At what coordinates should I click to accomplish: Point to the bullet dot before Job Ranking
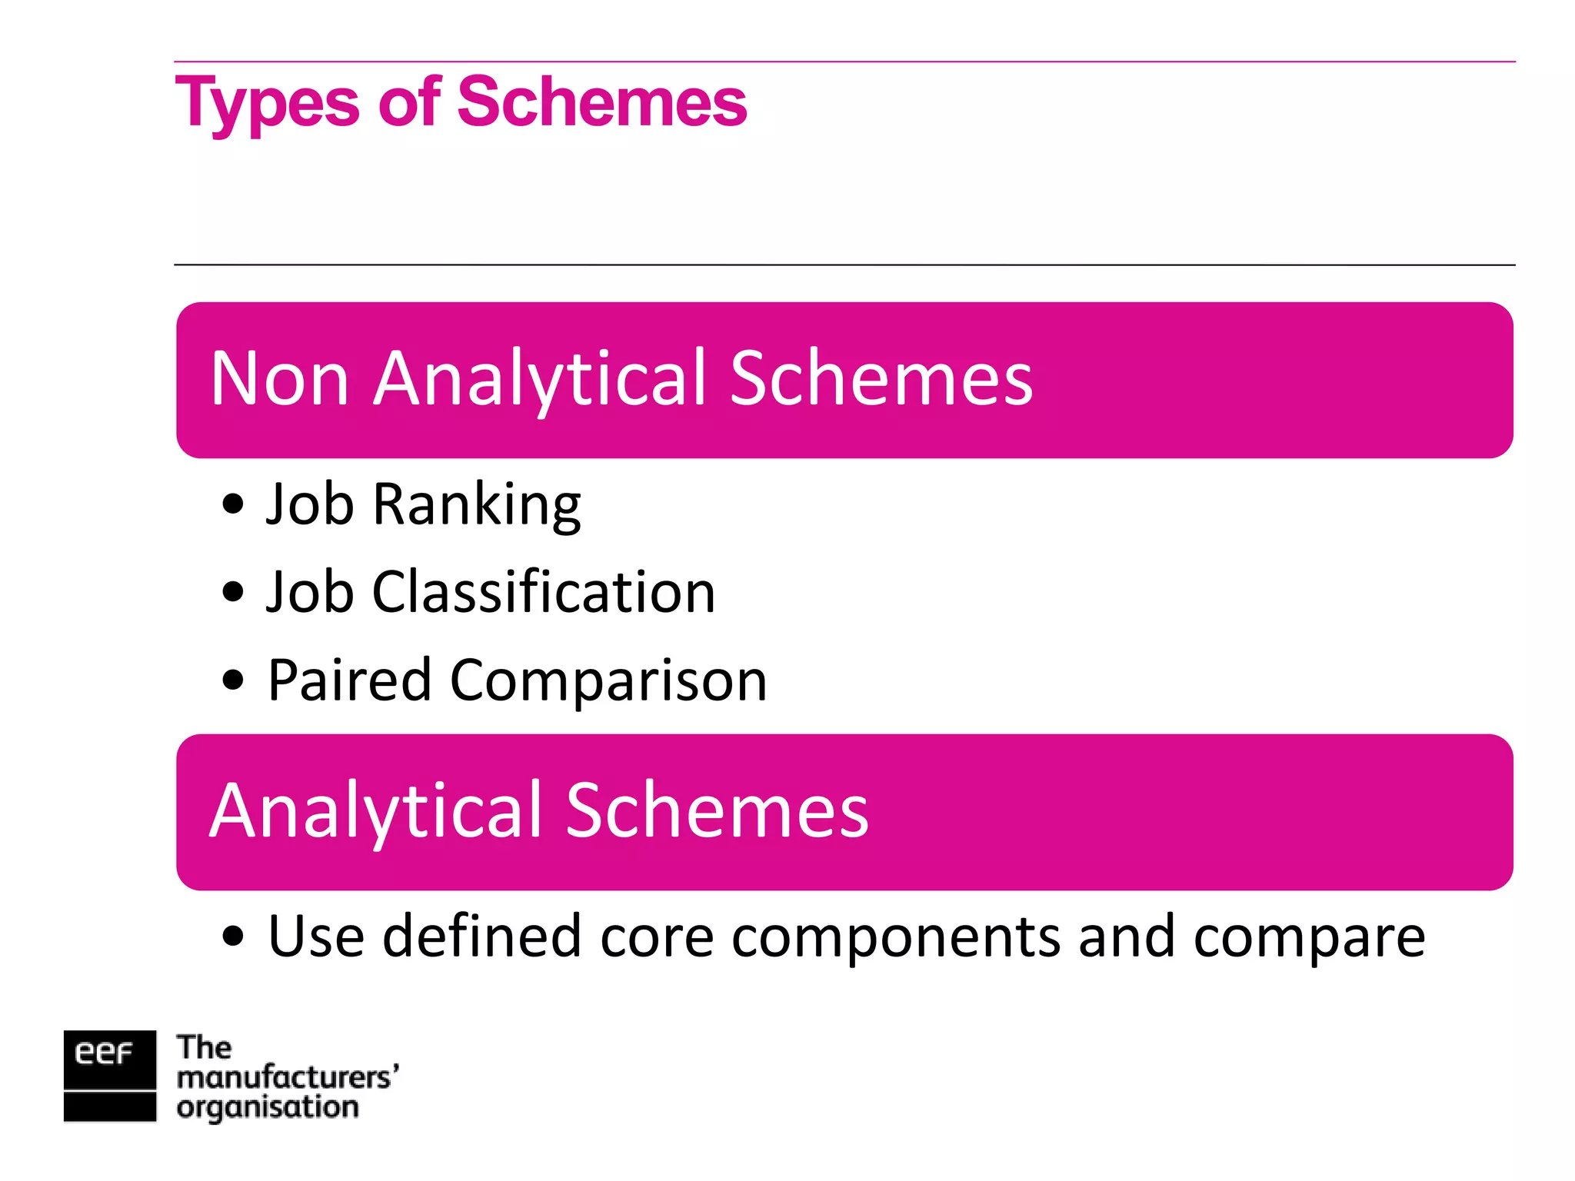tap(231, 505)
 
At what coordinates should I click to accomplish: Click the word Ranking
tap(477, 505)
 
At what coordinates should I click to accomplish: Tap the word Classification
tap(544, 592)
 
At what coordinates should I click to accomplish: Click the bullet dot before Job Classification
tap(231, 592)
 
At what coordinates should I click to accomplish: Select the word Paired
tap(349, 681)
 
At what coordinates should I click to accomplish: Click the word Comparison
tap(608, 681)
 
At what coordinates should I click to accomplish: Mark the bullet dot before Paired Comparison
tap(231, 680)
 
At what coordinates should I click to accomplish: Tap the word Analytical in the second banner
tap(376, 812)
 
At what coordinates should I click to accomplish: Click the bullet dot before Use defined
tap(231, 936)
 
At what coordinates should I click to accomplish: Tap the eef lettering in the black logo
tap(104, 1053)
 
